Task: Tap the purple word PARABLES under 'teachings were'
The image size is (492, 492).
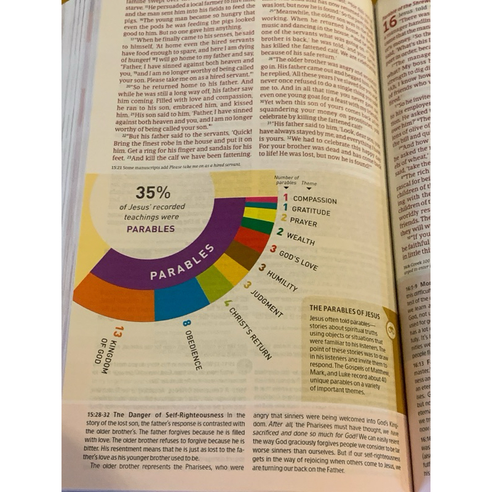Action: [x=151, y=229]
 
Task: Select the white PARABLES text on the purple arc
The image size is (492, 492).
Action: [x=183, y=262]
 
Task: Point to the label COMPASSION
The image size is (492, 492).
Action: [x=314, y=199]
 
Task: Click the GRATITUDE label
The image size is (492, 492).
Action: [x=311, y=212]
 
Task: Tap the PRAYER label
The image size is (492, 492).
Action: [x=303, y=221]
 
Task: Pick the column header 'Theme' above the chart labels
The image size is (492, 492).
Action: [x=309, y=183]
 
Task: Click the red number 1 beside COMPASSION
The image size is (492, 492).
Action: [x=285, y=197]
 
